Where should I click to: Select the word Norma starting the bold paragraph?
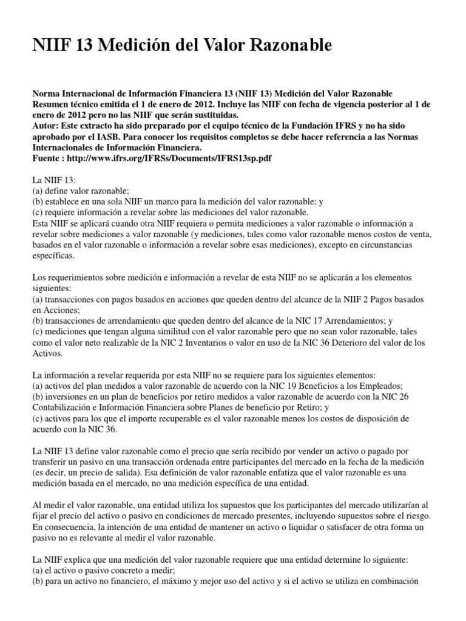tap(46, 93)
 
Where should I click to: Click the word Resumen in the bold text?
tap(50, 104)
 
